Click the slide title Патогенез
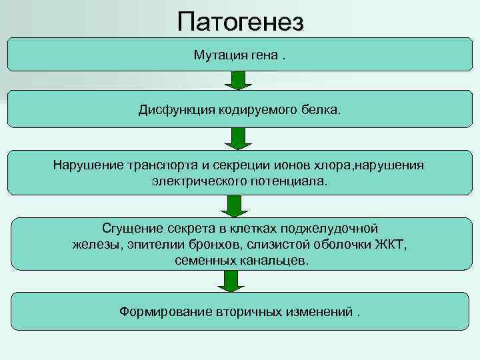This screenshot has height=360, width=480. [x=240, y=22]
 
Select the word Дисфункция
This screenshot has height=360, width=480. [x=175, y=109]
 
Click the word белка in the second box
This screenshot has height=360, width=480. [x=323, y=109]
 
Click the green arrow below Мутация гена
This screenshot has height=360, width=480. [x=238, y=81]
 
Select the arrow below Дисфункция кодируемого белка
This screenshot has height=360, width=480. [x=238, y=138]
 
